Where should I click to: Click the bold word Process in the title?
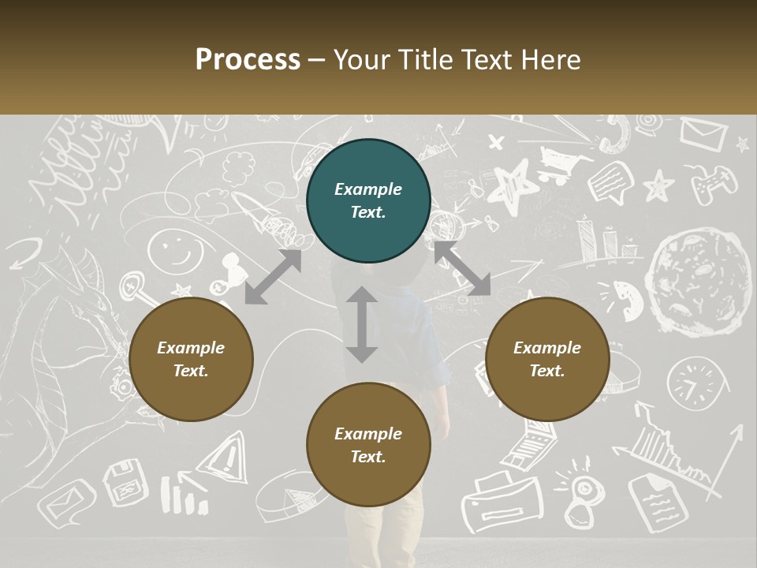[248, 60]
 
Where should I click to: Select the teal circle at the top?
[368, 201]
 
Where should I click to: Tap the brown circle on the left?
[191, 360]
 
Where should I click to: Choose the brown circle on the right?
[547, 360]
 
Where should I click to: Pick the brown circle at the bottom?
[368, 445]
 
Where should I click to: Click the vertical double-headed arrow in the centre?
[362, 324]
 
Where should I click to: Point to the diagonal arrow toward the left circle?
[273, 277]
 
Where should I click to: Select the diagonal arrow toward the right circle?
[462, 269]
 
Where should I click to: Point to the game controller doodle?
[714, 183]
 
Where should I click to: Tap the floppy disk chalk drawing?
[125, 481]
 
